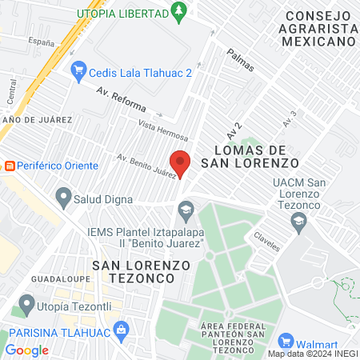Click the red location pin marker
(x=181, y=162)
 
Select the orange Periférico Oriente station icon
(x=10, y=166)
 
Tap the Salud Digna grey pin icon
(x=63, y=196)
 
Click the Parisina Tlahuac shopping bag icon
(x=122, y=328)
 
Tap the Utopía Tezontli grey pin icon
(x=26, y=304)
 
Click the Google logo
(x=26, y=350)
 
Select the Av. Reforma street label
(x=119, y=99)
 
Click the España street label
(x=40, y=39)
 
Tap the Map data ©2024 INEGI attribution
(x=312, y=353)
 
